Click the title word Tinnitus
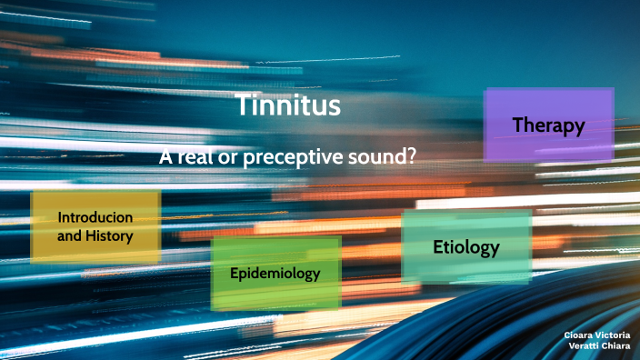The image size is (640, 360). coord(288,105)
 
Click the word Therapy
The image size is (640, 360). coord(548,125)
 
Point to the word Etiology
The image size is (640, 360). coord(466,246)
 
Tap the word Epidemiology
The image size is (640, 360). coord(275,273)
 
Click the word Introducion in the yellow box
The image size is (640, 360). coord(95,218)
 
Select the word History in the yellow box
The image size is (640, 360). coord(110,236)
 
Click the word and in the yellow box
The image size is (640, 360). coord(69,236)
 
